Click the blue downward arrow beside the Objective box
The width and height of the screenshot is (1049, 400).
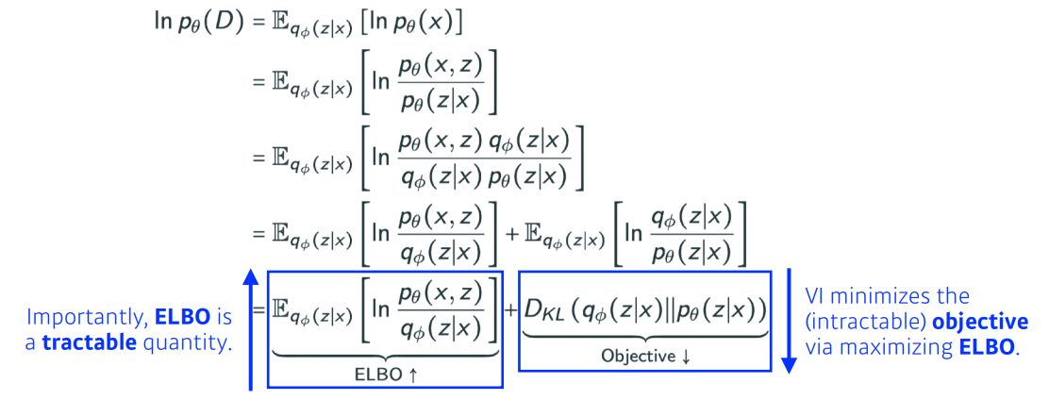(790, 321)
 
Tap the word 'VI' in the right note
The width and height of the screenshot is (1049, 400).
(816, 296)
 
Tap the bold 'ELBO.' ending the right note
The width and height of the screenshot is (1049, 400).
(986, 347)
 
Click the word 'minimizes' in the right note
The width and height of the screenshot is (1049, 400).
(884, 296)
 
